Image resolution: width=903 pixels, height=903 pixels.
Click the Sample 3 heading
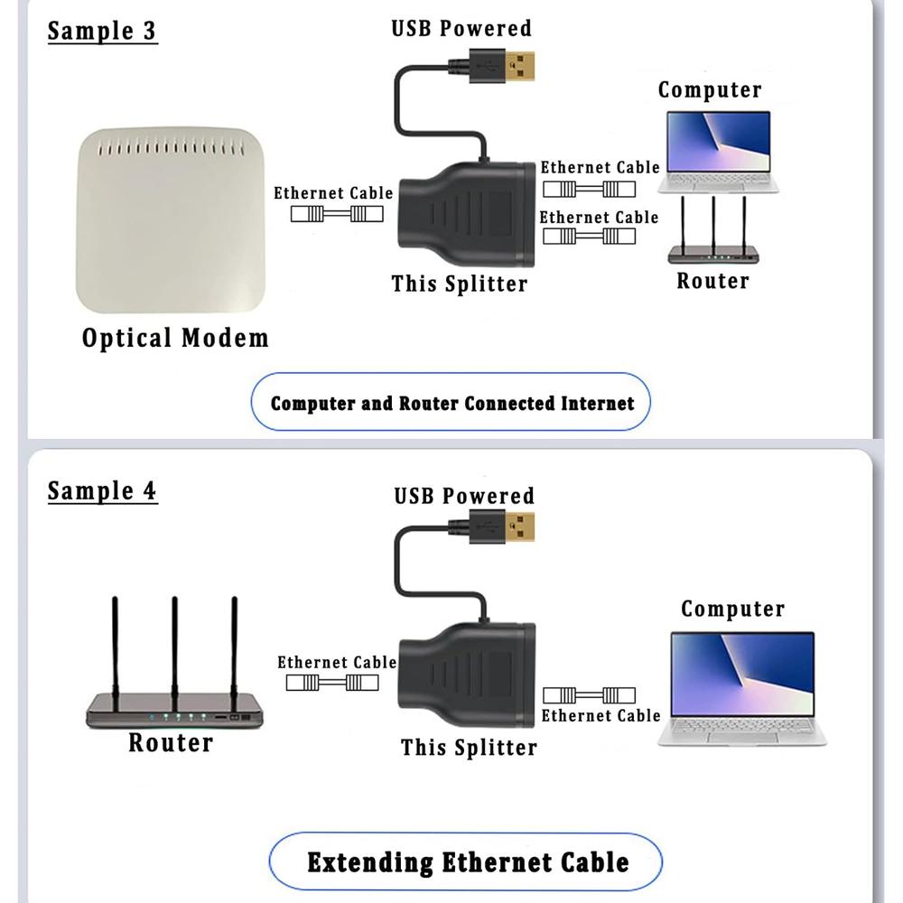point(101,31)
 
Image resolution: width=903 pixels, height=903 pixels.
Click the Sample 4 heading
point(101,491)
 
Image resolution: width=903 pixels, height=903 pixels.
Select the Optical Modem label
point(175,339)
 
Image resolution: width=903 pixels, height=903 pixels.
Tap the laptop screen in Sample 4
point(742,674)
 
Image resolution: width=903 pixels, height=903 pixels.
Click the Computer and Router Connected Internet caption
point(451,404)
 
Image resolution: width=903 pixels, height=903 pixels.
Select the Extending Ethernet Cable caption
point(467,861)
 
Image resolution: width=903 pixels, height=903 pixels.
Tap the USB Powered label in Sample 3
point(461,28)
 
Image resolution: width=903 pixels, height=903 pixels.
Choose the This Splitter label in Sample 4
point(469,748)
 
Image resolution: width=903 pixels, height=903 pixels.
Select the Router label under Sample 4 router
point(170,743)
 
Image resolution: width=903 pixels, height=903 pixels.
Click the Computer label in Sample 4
point(732,610)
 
